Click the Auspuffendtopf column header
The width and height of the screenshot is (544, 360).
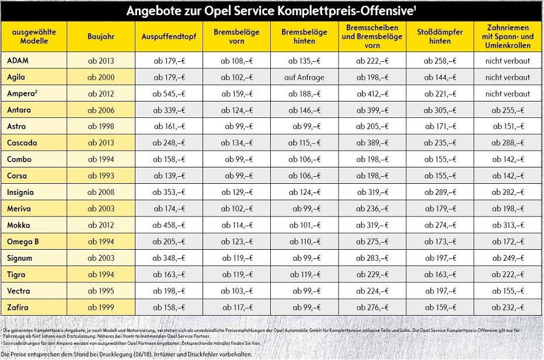pyautogui.click(x=169, y=36)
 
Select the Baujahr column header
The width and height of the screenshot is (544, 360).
pyautogui.click(x=101, y=36)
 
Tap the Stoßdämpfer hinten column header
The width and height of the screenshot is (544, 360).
pyautogui.click(x=440, y=36)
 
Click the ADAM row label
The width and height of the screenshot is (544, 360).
pyautogui.click(x=18, y=60)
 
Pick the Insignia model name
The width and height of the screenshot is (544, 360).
pyautogui.click(x=20, y=192)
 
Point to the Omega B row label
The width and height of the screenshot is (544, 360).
pyautogui.click(x=23, y=242)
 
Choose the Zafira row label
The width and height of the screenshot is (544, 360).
pyautogui.click(x=18, y=307)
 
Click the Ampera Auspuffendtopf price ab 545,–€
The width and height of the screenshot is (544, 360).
pyautogui.click(x=169, y=93)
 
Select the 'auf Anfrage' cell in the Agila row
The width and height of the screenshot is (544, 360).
pyautogui.click(x=304, y=78)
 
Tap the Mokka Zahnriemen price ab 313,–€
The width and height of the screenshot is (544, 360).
pyautogui.click(x=508, y=225)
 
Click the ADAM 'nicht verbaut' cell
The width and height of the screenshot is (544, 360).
pyautogui.click(x=508, y=61)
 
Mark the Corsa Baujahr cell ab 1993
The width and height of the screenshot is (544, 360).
pyautogui.click(x=101, y=176)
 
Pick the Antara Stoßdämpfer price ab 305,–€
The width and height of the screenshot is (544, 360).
pyautogui.click(x=440, y=110)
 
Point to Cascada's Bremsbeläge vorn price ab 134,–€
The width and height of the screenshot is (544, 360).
pyautogui.click(x=237, y=143)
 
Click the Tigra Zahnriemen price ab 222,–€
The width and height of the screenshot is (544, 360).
pyautogui.click(x=508, y=275)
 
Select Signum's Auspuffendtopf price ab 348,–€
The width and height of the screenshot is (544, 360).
pyautogui.click(x=169, y=258)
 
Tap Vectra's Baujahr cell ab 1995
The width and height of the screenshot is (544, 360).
pyautogui.click(x=101, y=291)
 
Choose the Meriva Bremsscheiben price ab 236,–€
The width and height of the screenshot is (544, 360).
pyautogui.click(x=372, y=209)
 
